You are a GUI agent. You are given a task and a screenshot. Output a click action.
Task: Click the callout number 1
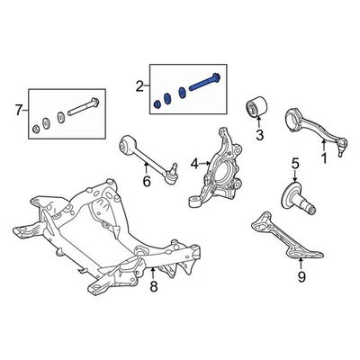pyautogui.click(x=324, y=158)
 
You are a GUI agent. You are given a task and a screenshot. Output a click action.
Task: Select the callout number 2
pyautogui.click(x=139, y=86)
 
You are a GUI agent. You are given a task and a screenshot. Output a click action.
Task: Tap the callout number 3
pyautogui.click(x=259, y=136)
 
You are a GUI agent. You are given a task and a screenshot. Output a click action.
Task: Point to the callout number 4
pyautogui.click(x=194, y=164)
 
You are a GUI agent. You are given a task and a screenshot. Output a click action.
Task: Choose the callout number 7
pyautogui.click(x=17, y=110)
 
